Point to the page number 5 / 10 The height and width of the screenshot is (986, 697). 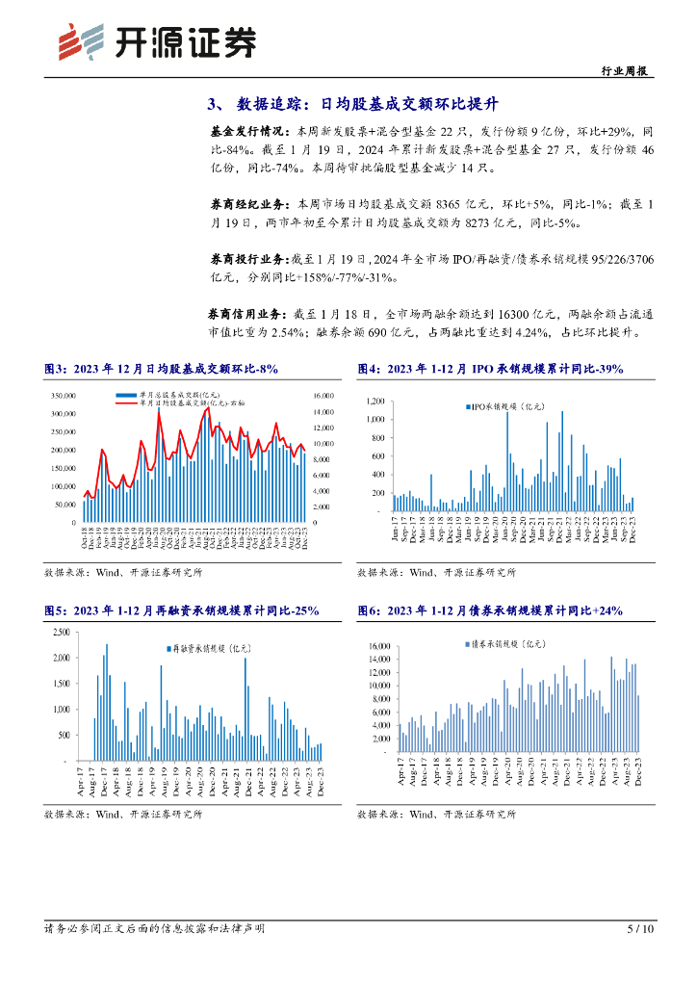pos(640,929)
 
